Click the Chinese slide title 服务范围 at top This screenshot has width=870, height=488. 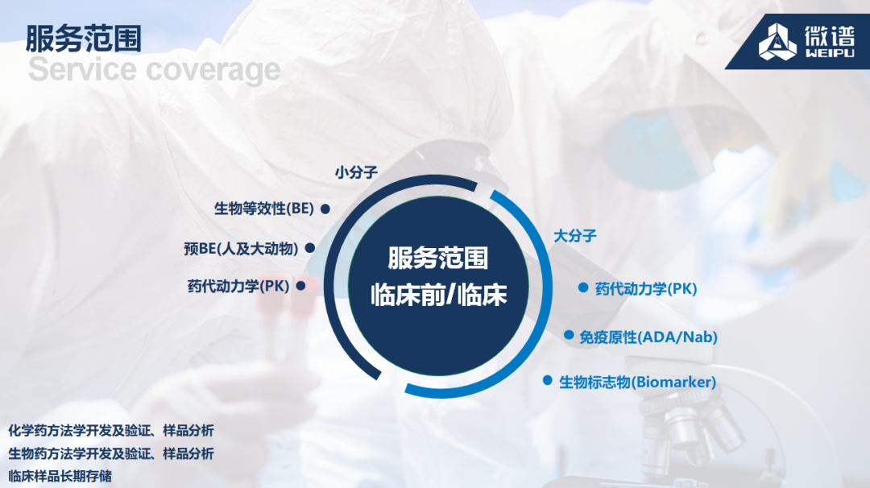[x=83, y=39]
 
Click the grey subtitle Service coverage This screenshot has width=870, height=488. [x=154, y=69]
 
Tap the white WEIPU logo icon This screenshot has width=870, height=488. [x=777, y=42]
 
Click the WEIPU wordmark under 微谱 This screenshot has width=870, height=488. [x=830, y=53]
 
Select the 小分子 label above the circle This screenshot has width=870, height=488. [x=356, y=172]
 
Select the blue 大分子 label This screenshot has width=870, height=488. [x=575, y=236]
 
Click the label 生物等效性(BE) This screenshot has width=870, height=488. [x=264, y=209]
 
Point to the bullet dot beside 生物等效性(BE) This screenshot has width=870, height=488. [x=325, y=209]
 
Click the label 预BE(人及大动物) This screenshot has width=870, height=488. [x=241, y=249]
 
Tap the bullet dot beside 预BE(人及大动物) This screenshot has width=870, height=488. [x=310, y=248]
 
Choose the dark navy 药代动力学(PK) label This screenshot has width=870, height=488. [x=238, y=286]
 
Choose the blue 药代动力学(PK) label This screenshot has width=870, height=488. [x=646, y=289]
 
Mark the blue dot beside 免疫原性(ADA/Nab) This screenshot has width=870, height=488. [x=569, y=335]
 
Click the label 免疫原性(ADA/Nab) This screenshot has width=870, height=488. [x=648, y=337]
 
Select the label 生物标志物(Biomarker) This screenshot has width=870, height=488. [x=637, y=382]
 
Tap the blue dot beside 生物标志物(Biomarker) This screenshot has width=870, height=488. [x=548, y=380]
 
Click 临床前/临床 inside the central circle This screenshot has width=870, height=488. [x=439, y=295]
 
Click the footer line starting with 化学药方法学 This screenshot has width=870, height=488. [x=111, y=431]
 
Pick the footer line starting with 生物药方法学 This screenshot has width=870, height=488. [x=111, y=453]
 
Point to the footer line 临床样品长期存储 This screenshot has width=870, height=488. [x=60, y=476]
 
